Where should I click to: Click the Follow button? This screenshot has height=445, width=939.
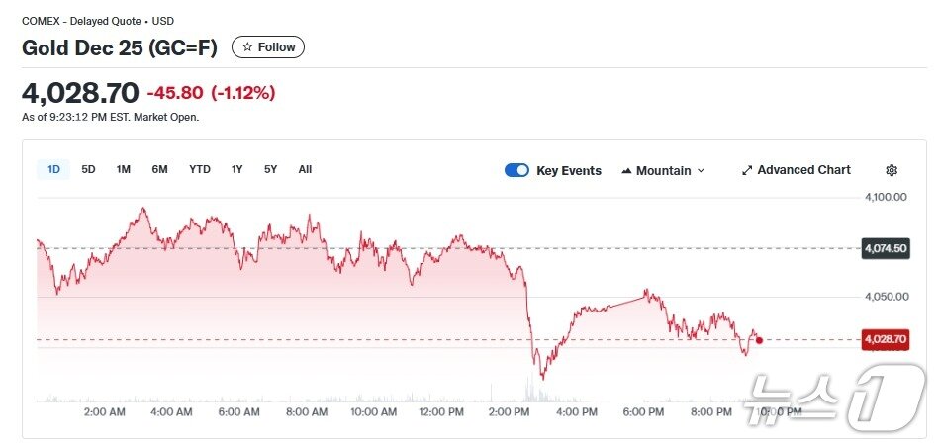268,47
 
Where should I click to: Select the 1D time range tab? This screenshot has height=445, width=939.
53,169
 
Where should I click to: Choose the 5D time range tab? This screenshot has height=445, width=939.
88,169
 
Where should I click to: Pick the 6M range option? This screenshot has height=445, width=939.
159,169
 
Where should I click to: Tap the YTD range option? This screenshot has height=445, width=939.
200,169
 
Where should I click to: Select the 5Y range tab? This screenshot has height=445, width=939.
270,169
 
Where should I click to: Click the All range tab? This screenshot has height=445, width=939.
305,169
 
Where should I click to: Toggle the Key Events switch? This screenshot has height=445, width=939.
516,170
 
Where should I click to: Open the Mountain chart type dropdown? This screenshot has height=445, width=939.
663,170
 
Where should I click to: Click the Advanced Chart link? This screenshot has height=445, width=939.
796,170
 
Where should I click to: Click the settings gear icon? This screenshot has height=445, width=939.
892,170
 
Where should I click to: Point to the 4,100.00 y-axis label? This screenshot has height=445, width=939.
886,198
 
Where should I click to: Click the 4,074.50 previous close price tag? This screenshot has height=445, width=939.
886,248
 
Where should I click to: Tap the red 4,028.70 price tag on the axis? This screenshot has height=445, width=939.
885,339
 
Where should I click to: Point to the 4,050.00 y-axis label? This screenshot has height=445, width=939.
886,297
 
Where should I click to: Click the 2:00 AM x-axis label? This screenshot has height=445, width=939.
104,411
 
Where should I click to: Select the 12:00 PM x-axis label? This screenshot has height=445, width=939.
441,411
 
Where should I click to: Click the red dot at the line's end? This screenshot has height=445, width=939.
759,339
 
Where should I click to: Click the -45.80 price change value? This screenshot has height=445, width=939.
175,93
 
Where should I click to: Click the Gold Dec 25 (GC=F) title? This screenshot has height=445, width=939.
120,47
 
